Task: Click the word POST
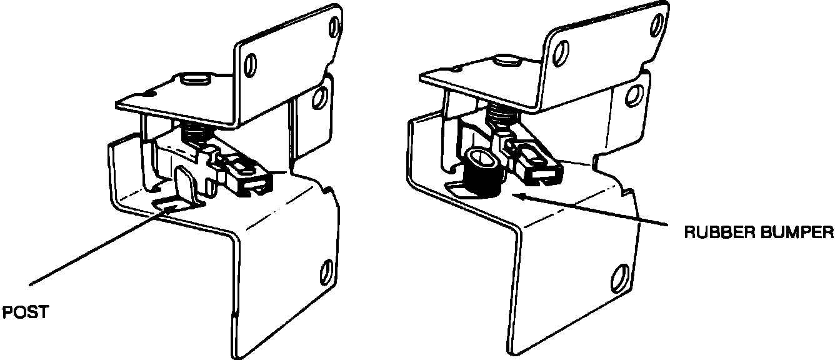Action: point(26,312)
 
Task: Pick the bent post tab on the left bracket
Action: point(184,184)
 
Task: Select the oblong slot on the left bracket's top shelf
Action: point(194,79)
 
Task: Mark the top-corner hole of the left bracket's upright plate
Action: point(336,26)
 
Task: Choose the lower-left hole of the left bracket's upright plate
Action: point(251,62)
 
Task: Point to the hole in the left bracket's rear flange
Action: point(321,96)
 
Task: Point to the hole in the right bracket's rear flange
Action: point(635,94)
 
